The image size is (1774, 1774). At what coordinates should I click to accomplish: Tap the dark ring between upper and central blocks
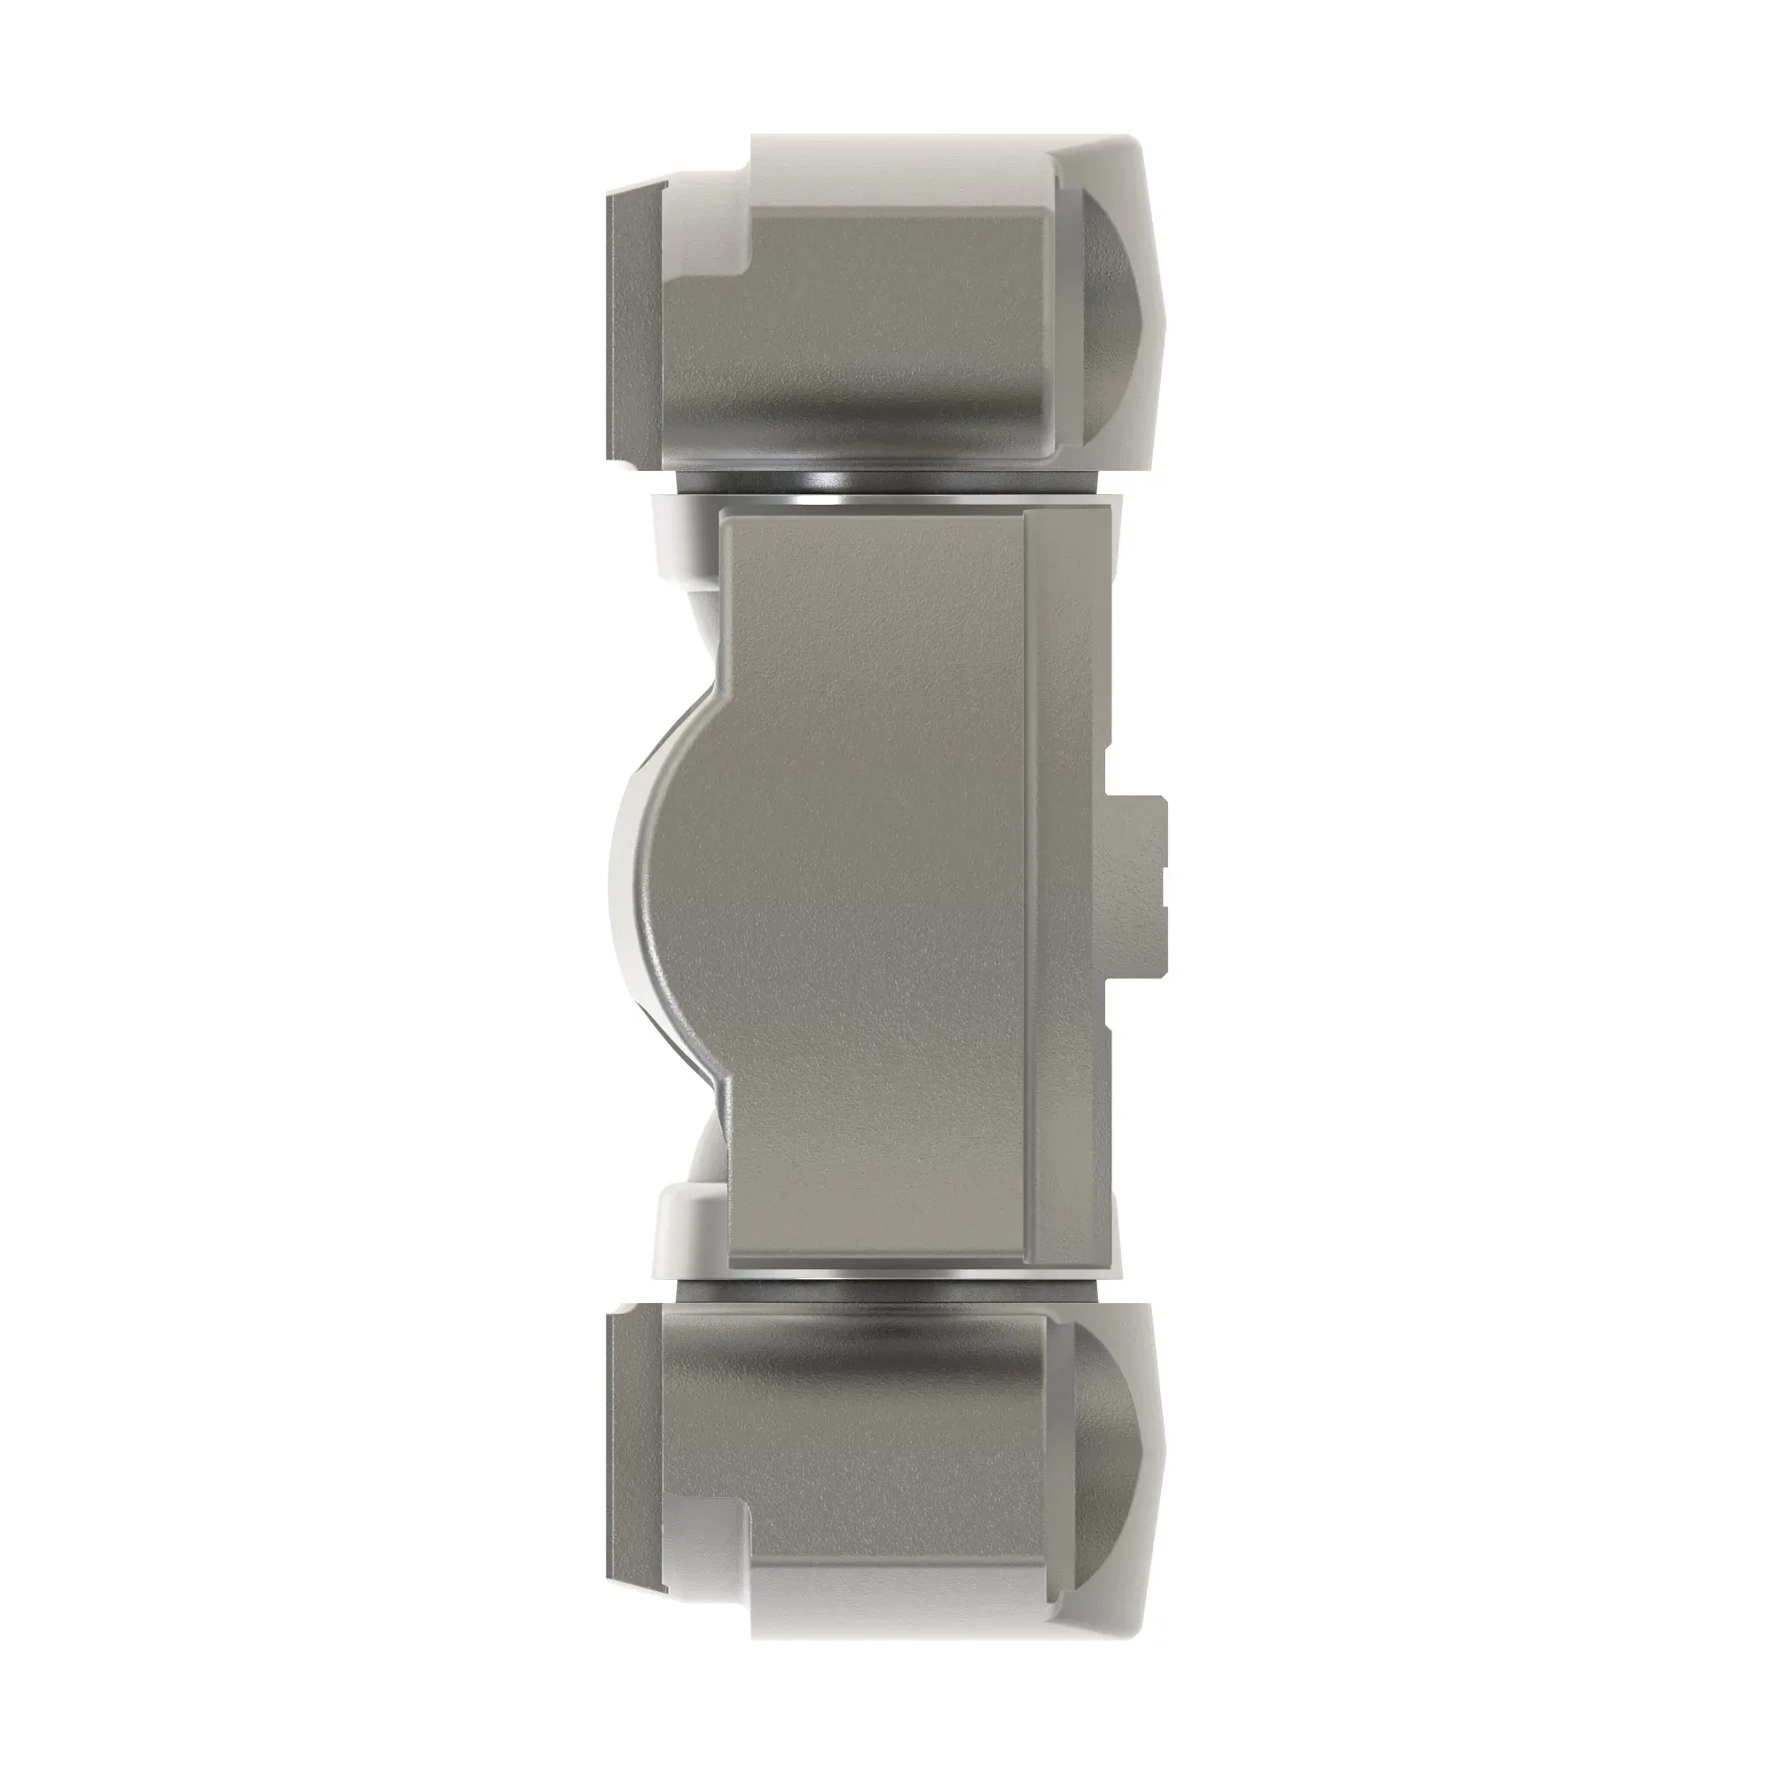tap(882, 484)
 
